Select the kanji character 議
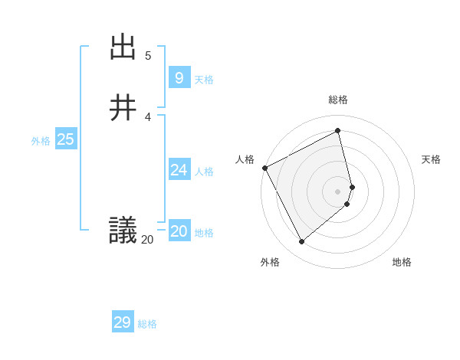coord(123,230)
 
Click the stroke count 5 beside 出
coord(148,56)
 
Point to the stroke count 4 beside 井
coord(148,116)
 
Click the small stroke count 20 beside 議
coord(147,240)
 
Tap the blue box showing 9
coord(179,77)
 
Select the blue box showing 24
coord(179,170)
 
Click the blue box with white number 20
coord(179,231)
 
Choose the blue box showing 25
coord(66,139)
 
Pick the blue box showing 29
coord(122,322)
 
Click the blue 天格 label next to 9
coord(204,80)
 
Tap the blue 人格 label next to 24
coord(204,172)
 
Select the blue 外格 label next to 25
coord(41,141)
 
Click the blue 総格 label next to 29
coord(147,324)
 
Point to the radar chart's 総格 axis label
coord(338,100)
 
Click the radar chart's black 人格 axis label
coord(245,159)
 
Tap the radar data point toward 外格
coord(301,242)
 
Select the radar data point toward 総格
coord(338,131)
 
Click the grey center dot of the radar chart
coord(338,191)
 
